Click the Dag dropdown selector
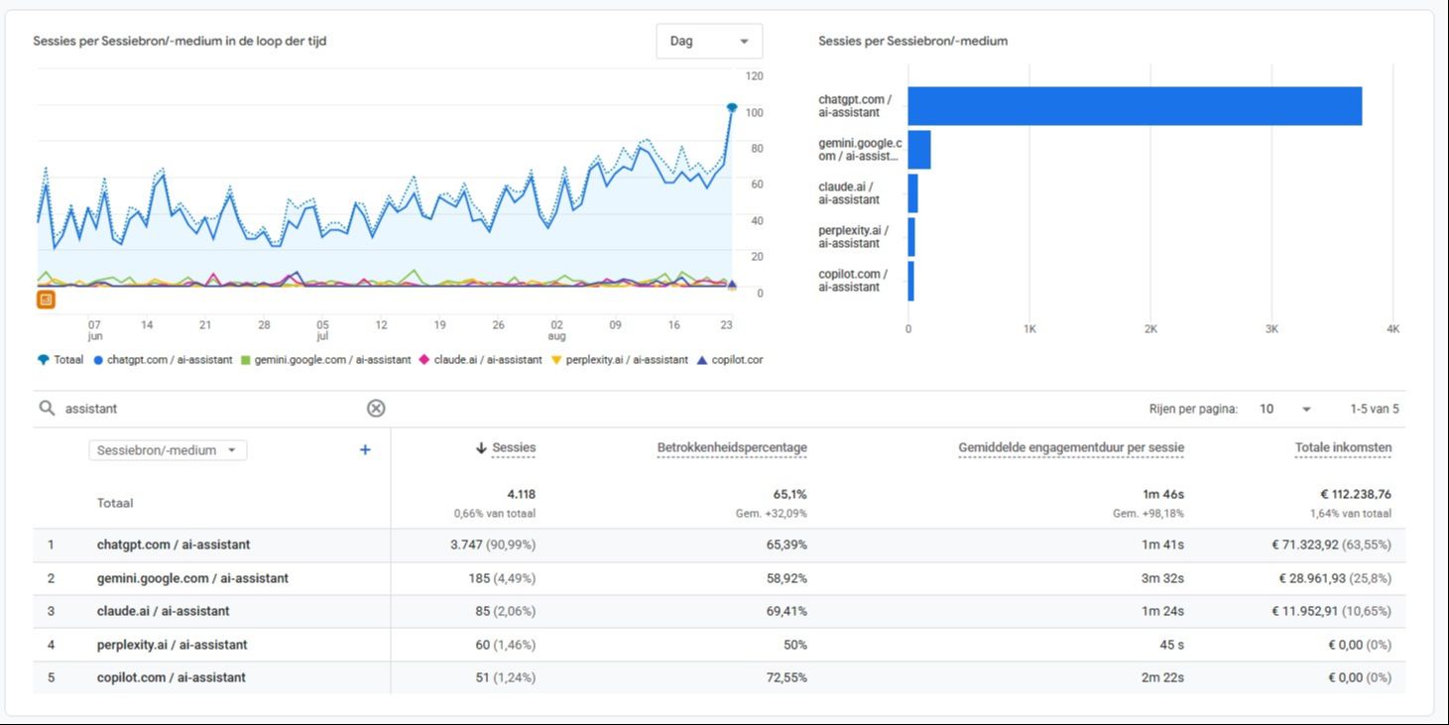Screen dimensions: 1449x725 coord(709,41)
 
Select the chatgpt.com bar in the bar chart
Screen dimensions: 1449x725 coord(1135,106)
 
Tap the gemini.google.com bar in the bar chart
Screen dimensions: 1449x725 coord(919,150)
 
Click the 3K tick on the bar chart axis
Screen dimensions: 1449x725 coord(1271,329)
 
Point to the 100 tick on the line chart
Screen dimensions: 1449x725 coord(755,112)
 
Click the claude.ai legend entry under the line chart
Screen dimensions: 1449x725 coord(481,360)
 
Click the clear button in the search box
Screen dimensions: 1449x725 coord(376,408)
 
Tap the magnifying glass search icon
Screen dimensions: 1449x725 coord(47,408)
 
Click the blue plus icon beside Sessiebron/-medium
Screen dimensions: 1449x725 coord(365,449)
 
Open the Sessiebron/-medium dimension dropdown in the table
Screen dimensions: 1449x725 coord(168,450)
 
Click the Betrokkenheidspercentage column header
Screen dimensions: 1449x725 coord(732,447)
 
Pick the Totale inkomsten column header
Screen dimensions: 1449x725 coord(1343,447)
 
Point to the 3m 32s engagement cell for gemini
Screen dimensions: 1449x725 coord(1162,578)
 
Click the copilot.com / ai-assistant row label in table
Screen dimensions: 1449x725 coord(172,677)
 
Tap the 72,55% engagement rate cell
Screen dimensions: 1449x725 coord(786,677)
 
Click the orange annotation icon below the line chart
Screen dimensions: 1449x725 coord(46,300)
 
